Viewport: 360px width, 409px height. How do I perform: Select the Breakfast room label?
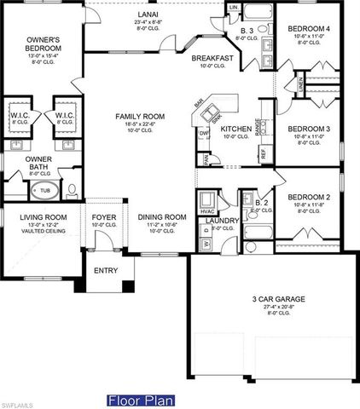click(x=212, y=59)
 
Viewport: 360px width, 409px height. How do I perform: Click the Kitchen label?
click(x=236, y=129)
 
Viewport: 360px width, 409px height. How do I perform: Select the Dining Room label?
click(x=161, y=217)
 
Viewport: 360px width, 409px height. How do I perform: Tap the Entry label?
click(x=106, y=271)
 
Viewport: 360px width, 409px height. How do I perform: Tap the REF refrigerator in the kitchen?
click(x=263, y=153)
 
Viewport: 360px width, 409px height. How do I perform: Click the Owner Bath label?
click(x=38, y=162)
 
